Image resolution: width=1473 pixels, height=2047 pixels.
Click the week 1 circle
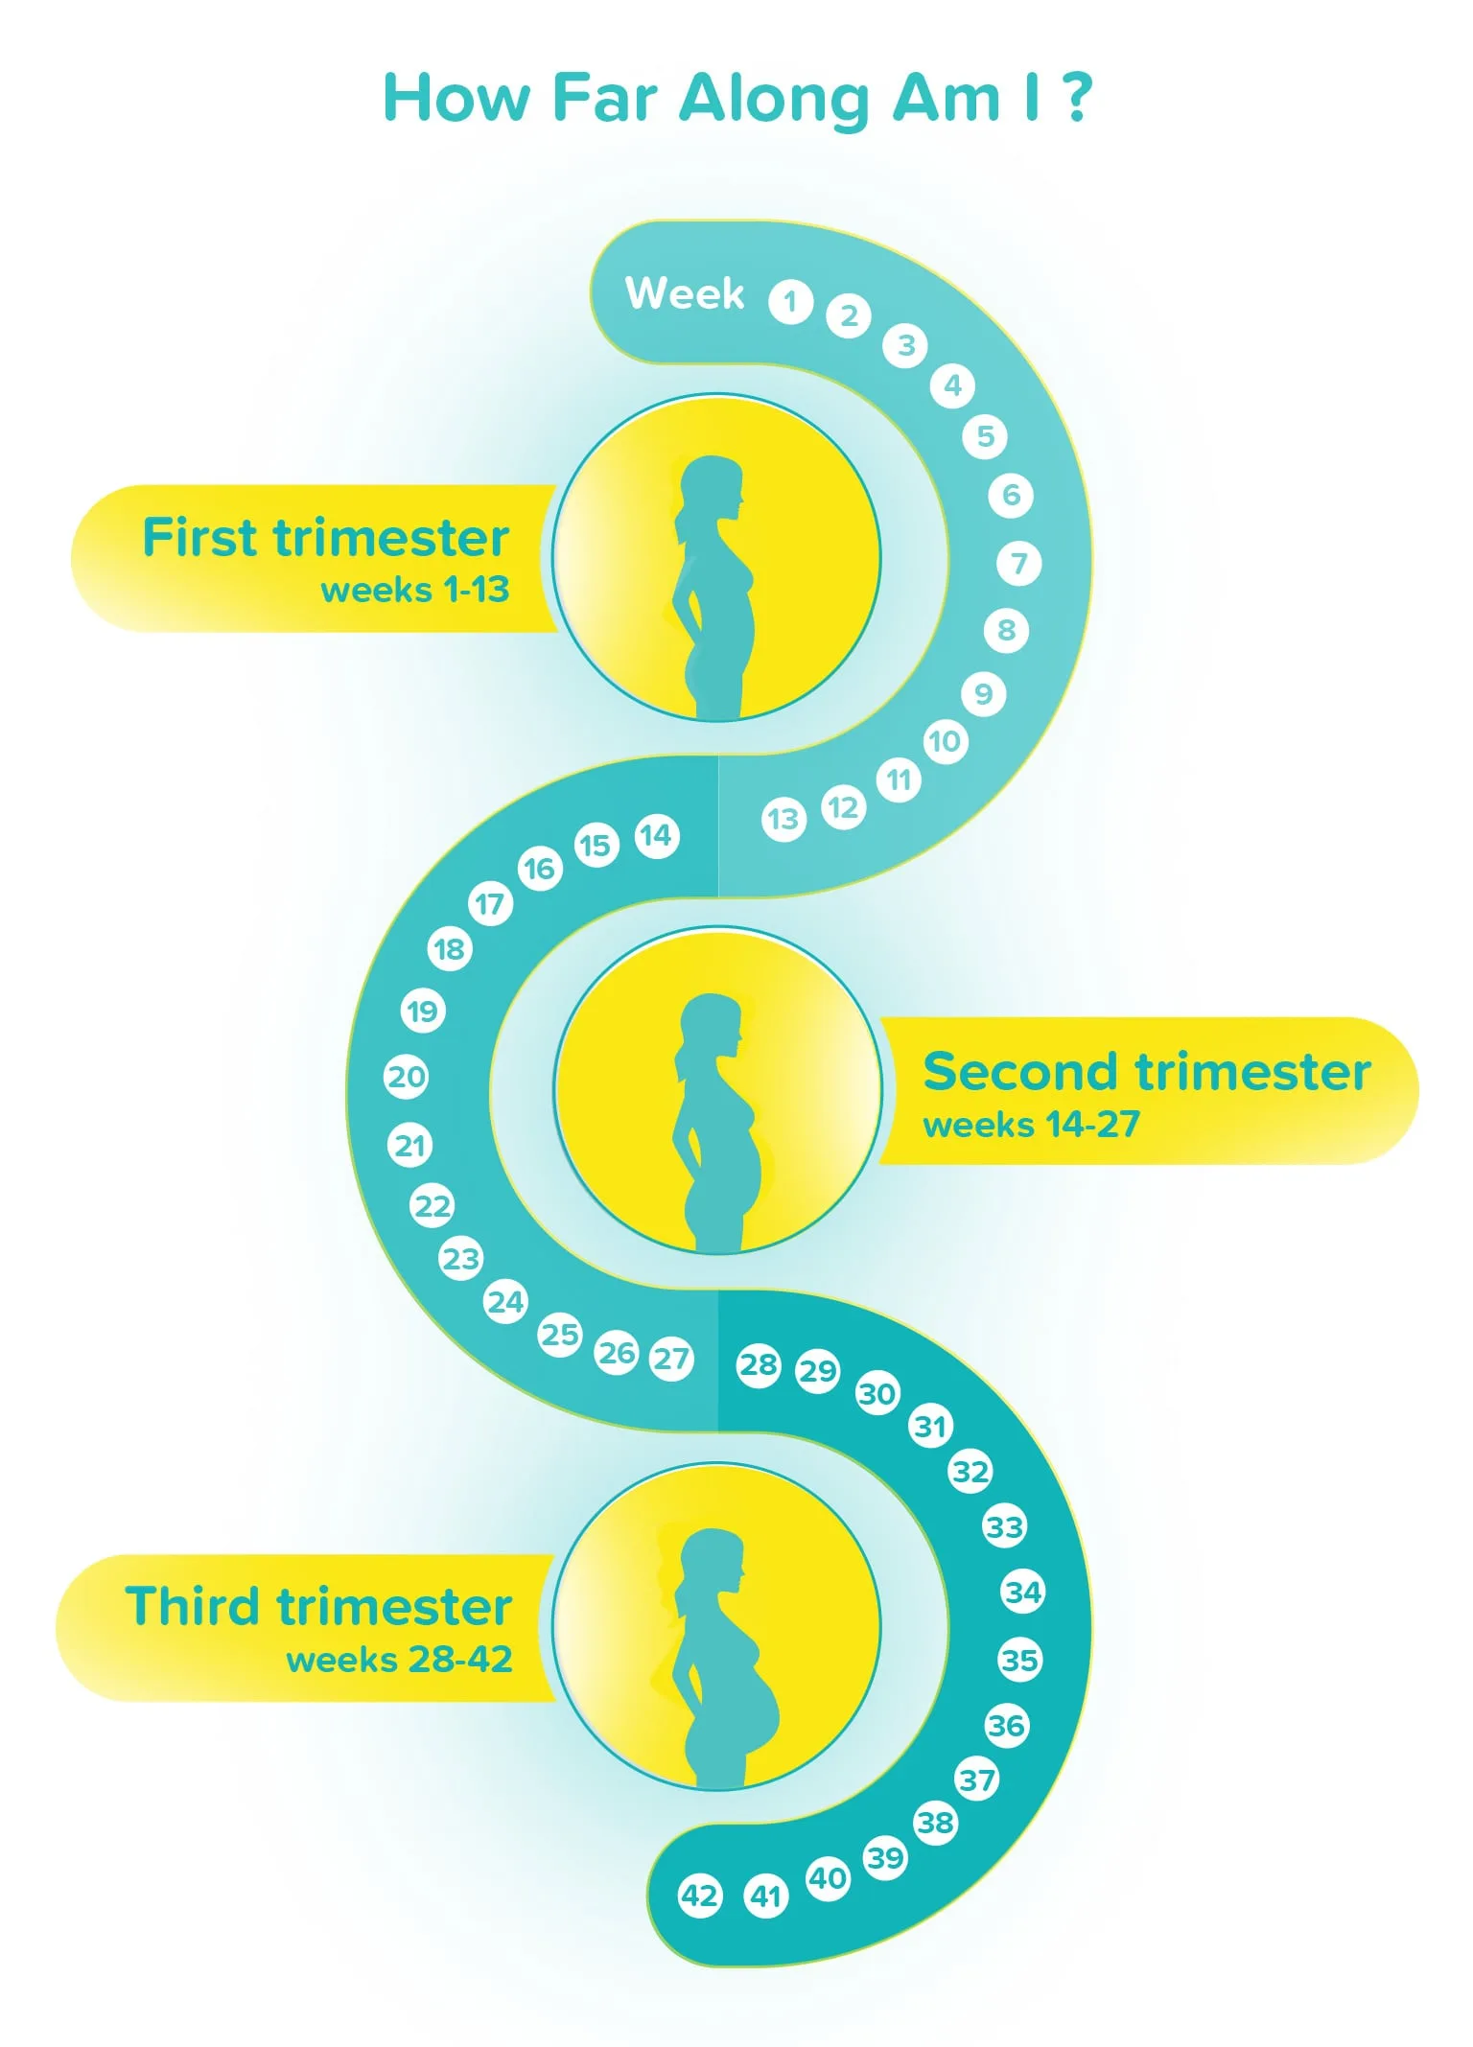pos(790,302)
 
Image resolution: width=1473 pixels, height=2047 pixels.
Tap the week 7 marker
pos(1018,563)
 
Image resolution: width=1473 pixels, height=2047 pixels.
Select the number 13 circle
pos(783,820)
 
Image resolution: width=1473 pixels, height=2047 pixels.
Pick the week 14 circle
pos(656,836)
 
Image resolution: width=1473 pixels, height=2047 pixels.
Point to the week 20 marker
pos(406,1076)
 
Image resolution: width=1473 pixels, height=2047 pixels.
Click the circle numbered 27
pos(671,1358)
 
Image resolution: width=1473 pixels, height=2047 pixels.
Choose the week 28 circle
pos(758,1364)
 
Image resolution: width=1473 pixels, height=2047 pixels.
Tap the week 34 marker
pos(1022,1593)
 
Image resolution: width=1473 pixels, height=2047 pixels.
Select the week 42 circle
pos(699,1895)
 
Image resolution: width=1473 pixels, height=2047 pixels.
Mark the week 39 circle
pos(885,1858)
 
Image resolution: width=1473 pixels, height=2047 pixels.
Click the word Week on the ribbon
pos(685,293)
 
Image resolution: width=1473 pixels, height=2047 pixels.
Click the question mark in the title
pos(1078,98)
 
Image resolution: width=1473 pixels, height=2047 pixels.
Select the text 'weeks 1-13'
pos(414,590)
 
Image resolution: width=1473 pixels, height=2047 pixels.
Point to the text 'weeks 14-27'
pos(1031,1124)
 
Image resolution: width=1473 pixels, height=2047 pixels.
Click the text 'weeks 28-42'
pos(399,1660)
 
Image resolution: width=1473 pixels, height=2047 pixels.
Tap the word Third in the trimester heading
pos(193,1606)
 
